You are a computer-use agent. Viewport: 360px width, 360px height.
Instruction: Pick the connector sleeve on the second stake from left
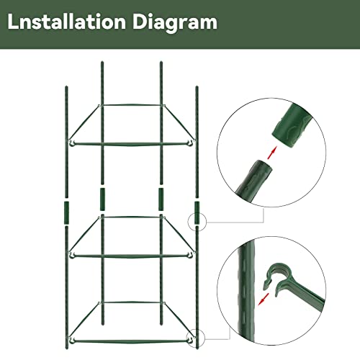100,197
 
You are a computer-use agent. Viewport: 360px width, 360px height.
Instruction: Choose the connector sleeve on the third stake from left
160,197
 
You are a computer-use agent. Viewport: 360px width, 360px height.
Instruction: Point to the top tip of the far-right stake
197,89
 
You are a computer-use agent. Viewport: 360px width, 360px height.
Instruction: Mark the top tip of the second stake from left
100,63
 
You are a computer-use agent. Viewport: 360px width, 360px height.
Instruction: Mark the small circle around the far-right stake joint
196,222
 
